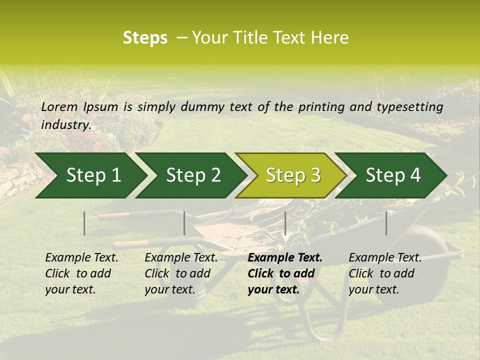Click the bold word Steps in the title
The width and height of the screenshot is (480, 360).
pos(145,38)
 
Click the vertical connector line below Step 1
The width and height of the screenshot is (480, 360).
pos(84,223)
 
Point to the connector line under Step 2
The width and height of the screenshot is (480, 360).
pos(184,223)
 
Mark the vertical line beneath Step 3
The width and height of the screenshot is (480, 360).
pos(285,223)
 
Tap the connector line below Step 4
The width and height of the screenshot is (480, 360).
pos(386,223)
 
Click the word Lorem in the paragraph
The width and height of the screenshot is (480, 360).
pos(59,106)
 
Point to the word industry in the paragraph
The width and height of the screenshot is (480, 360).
pos(66,124)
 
